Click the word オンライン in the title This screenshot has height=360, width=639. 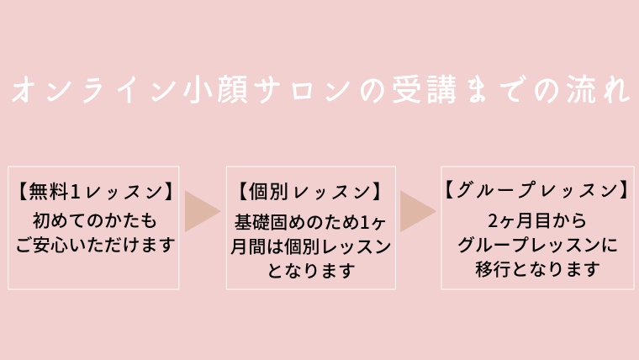pyautogui.click(x=93, y=90)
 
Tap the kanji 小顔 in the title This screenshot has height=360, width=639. pyautogui.click(x=215, y=90)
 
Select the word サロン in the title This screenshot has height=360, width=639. pyautogui.click(x=302, y=90)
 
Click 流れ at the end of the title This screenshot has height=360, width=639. pyautogui.click(x=597, y=90)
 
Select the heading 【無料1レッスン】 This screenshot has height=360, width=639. pyautogui.click(x=93, y=191)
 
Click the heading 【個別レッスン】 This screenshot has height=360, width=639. pyautogui.click(x=310, y=191)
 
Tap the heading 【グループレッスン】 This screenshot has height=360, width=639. pyautogui.click(x=537, y=190)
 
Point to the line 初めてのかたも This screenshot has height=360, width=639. pyautogui.click(x=94, y=220)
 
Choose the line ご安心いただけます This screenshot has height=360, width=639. pyautogui.click(x=95, y=245)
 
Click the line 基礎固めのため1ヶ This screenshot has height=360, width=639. pyautogui.click(x=310, y=222)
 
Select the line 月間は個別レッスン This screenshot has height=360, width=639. pyautogui.click(x=310, y=246)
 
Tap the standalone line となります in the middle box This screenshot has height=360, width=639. pyautogui.click(x=311, y=271)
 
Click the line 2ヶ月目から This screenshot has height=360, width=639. pyautogui.click(x=537, y=220)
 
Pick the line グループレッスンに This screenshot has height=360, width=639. pyautogui.click(x=537, y=245)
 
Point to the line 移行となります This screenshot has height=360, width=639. pyautogui.click(x=537, y=269)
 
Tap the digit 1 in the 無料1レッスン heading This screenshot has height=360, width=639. pyautogui.click(x=75, y=192)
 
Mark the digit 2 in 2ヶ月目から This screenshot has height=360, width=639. pyautogui.click(x=493, y=221)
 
